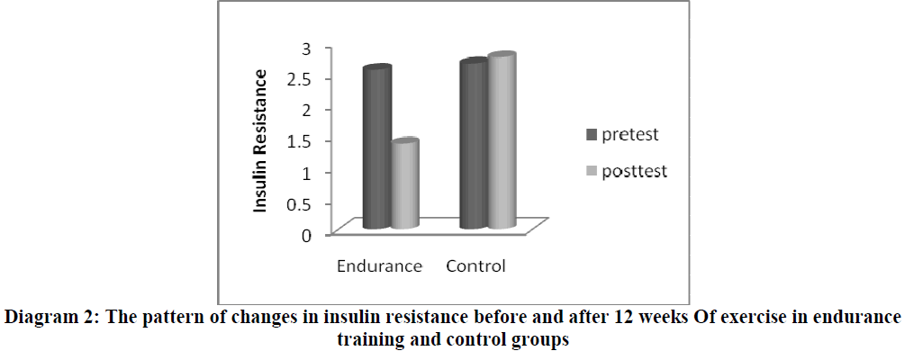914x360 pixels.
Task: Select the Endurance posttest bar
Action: pos(404,184)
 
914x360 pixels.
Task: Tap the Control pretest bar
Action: pos(473,145)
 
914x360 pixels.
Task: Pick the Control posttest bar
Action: pos(501,141)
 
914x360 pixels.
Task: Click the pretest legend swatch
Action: pos(593,135)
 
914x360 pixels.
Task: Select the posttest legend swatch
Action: pos(593,171)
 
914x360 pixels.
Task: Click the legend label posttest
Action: pos(637,171)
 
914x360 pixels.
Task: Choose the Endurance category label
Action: pos(379,266)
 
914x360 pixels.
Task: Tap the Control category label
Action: pos(475,266)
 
